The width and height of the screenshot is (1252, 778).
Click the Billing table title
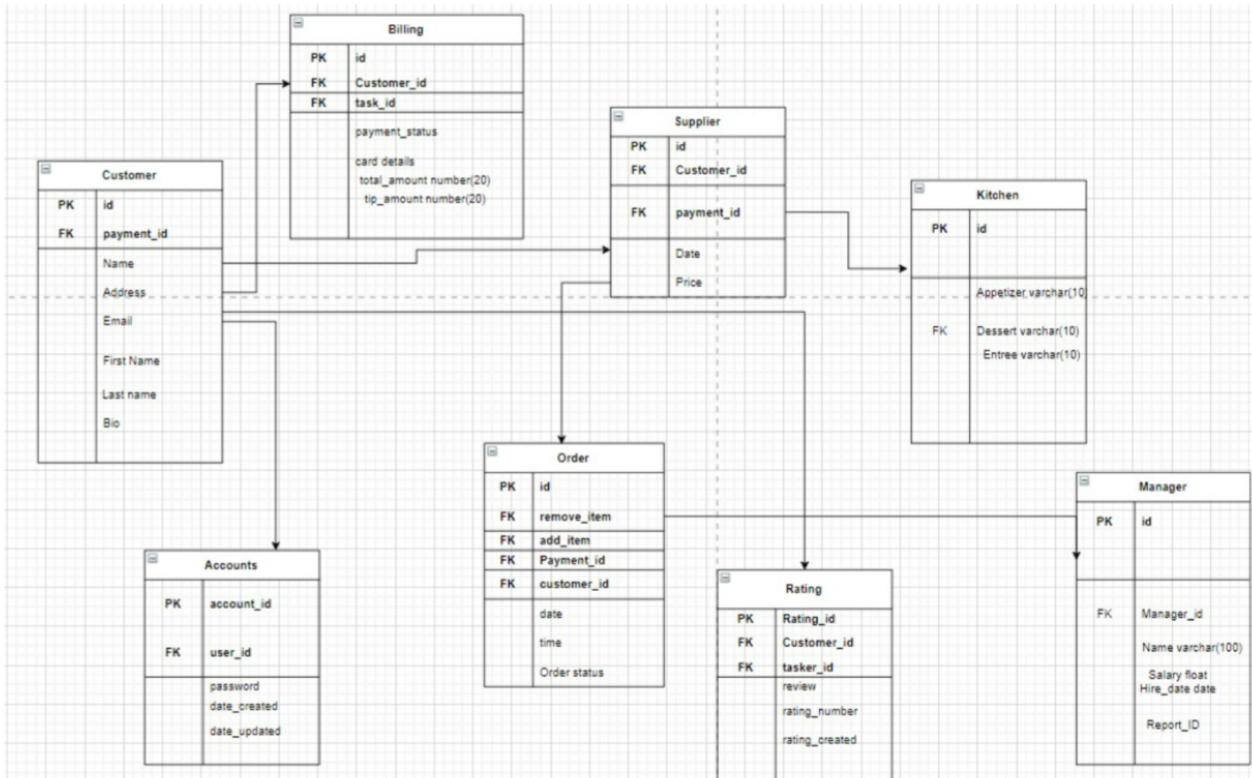pos(406,30)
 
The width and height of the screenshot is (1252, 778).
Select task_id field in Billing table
pos(375,102)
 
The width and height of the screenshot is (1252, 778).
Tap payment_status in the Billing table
pos(396,132)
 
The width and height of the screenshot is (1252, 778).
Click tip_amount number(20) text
pos(425,199)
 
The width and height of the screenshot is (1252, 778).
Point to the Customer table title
pos(129,175)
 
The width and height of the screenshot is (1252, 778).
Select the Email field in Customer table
pos(118,321)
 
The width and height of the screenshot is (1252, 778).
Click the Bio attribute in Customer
pos(112,423)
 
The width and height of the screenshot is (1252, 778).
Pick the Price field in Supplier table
pos(688,283)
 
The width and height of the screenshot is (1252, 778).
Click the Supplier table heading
pos(697,122)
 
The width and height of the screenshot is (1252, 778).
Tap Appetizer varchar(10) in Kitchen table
pos(1030,293)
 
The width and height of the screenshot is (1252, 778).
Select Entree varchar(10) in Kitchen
pos(1031,355)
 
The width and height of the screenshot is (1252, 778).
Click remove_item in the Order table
pos(575,517)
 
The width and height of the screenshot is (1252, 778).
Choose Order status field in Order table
pos(572,672)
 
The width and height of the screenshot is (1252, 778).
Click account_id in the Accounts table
pos(240,604)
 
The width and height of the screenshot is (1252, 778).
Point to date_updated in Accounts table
pos(245,731)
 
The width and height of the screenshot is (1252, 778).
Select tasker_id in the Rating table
pos(808,668)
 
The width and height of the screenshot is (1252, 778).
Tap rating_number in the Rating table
pos(820,711)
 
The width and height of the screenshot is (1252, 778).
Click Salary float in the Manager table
pos(1178,675)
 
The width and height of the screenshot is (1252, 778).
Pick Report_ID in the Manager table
pos(1172,725)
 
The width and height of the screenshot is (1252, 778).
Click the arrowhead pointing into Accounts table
pos(275,546)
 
